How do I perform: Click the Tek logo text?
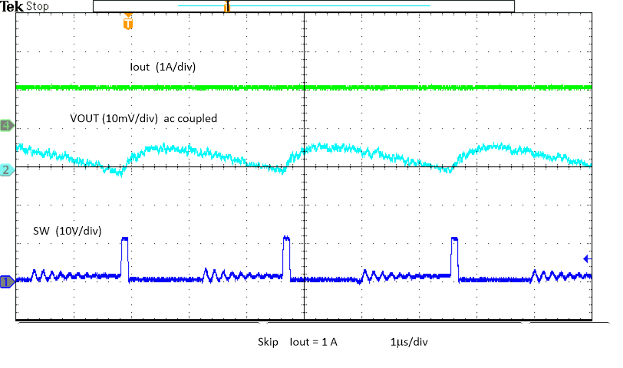coord(12,6)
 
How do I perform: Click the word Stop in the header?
coord(38,6)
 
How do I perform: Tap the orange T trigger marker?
coord(127,23)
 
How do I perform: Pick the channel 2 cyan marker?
coord(6,170)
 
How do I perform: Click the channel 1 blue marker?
coord(6,282)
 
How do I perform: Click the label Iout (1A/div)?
coord(163,67)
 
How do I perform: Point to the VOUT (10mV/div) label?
coord(114,118)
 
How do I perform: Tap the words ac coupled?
coord(191,118)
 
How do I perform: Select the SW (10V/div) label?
coord(68,230)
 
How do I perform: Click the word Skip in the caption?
coord(268,342)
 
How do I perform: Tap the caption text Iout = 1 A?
coord(313,342)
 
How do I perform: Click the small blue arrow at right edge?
coord(586,258)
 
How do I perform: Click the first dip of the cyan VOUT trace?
coord(117,172)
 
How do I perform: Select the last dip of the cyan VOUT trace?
coord(446,169)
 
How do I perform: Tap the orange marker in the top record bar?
coord(226,7)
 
